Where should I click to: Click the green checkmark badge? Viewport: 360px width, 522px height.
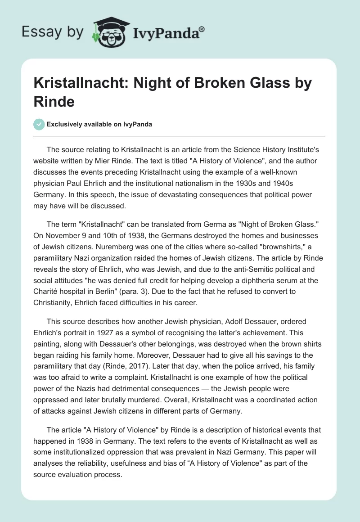(x=40, y=124)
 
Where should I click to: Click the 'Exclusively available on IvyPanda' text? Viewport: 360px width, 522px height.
(x=99, y=124)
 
